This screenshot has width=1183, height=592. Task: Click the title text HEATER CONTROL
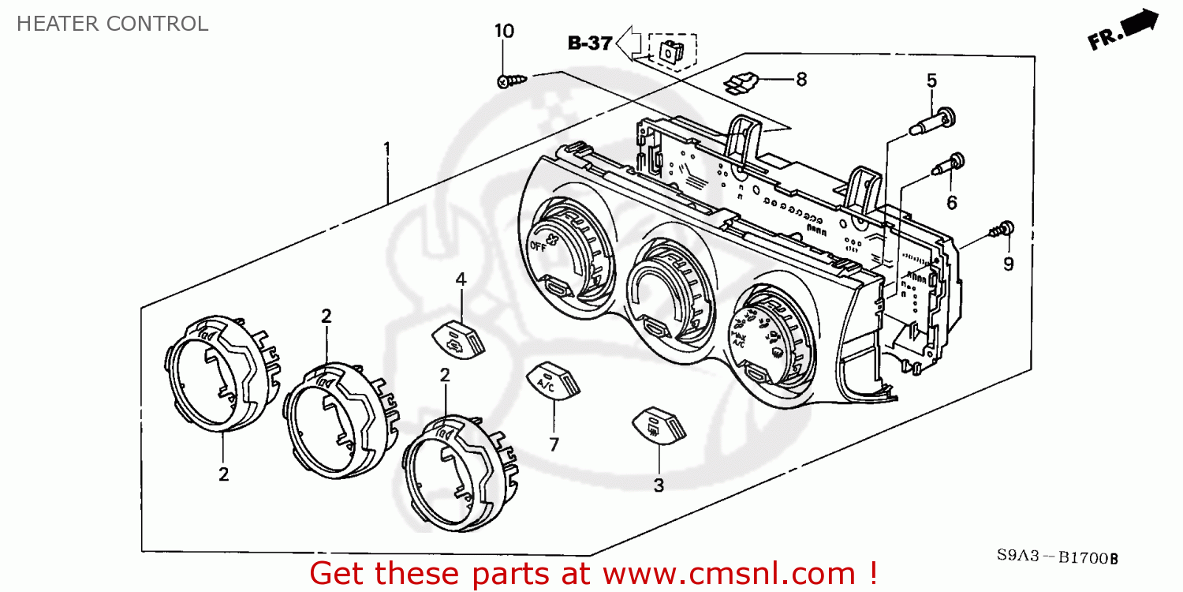112,24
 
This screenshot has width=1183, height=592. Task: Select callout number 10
504,32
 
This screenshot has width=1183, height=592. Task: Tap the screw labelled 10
511,81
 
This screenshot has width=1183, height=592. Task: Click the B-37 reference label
590,43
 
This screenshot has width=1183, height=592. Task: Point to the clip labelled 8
741,81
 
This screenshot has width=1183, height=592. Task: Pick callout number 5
931,80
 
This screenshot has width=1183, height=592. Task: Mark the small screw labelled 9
1000,230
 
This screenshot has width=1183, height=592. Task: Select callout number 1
386,148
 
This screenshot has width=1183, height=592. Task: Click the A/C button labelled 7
553,380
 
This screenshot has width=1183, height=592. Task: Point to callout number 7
554,444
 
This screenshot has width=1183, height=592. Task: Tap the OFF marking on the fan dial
539,246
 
